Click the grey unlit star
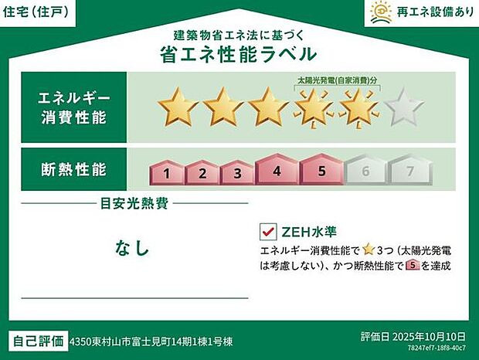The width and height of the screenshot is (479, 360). [x=404, y=108]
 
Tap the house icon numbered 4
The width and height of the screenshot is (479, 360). [x=276, y=169]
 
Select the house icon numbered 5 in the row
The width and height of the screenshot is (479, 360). [x=321, y=169]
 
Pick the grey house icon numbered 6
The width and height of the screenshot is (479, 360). [x=365, y=171]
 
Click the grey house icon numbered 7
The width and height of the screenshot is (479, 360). [x=410, y=171]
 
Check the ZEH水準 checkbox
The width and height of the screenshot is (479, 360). [x=269, y=232]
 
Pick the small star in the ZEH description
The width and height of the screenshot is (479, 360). [x=369, y=249]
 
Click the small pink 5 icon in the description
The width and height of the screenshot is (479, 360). [x=411, y=265]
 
